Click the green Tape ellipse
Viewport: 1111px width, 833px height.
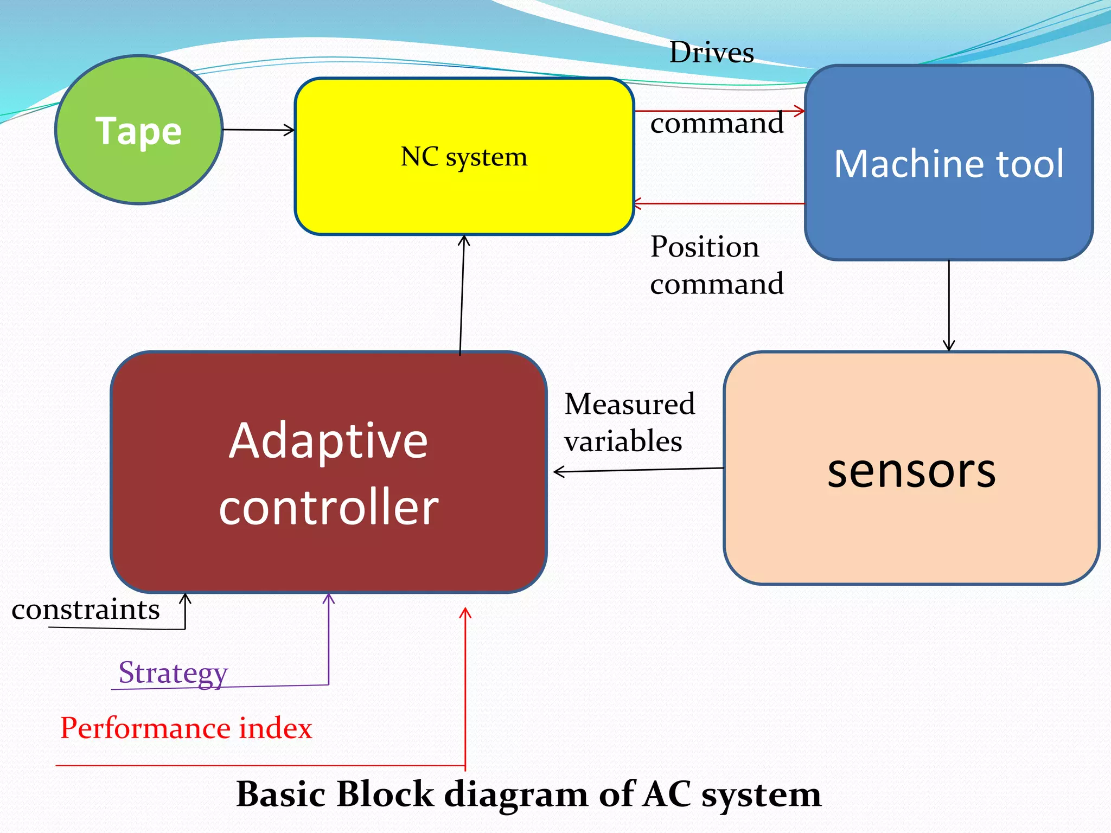coord(139,130)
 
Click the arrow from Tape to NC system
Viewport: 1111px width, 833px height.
coord(258,130)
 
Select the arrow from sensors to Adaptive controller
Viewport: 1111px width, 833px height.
coord(638,470)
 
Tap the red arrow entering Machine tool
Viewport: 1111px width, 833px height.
coord(719,111)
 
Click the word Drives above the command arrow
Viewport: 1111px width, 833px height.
coord(711,53)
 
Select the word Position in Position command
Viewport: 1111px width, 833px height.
coord(705,247)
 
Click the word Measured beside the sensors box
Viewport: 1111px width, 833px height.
coord(629,404)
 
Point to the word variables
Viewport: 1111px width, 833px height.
coord(623,441)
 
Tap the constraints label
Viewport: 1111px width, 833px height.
coord(86,610)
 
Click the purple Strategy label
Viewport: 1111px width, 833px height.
coord(173,672)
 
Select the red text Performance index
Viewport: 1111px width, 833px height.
coord(186,728)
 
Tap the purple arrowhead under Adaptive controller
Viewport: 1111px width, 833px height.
coord(329,598)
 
